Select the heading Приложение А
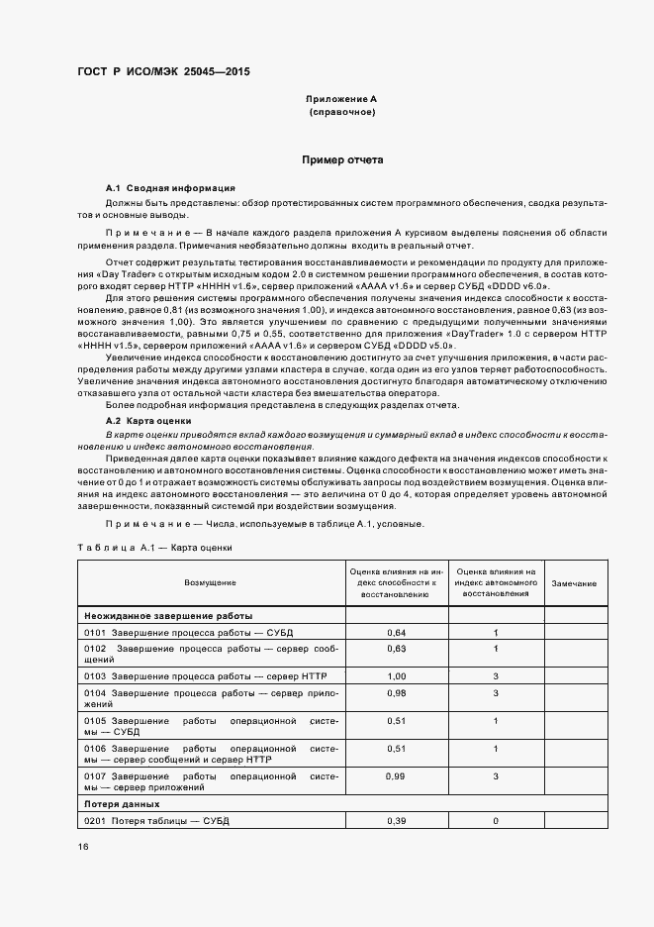click(341, 100)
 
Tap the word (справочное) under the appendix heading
click(341, 113)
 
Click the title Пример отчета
click(341, 159)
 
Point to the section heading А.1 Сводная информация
click(170, 188)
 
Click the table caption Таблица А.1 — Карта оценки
click(153, 547)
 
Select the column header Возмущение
click(211, 584)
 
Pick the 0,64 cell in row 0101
click(397, 632)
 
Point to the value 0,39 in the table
click(397, 821)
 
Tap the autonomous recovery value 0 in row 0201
click(495, 821)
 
